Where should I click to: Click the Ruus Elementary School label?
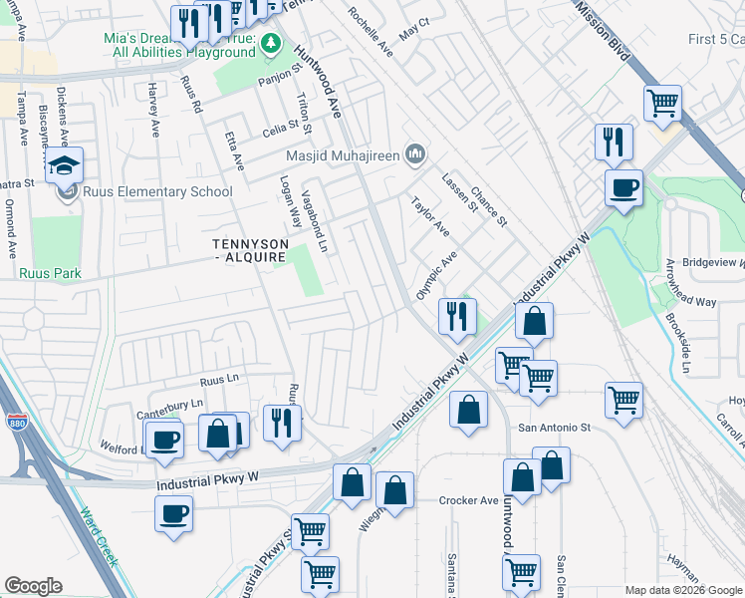158,192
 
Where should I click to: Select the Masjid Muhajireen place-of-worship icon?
415,153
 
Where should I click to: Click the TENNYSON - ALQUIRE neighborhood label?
250,251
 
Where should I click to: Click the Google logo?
34,586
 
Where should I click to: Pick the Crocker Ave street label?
468,500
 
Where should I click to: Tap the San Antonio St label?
554,427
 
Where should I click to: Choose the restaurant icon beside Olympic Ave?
457,317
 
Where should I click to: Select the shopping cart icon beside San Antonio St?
623,401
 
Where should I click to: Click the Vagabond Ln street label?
314,220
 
